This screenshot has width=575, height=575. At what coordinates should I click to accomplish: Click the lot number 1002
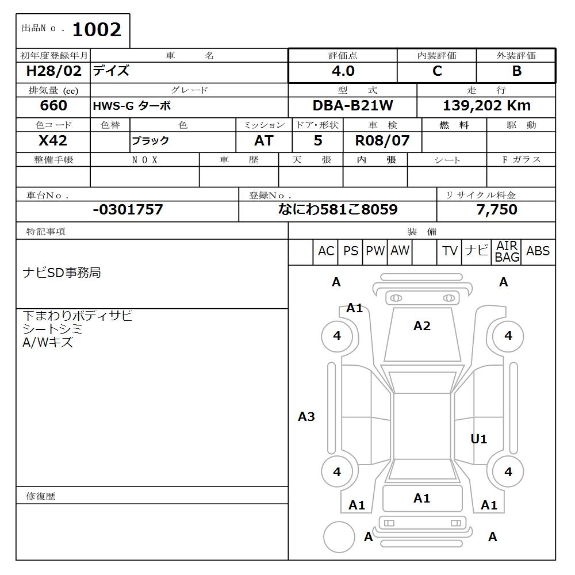[97, 29]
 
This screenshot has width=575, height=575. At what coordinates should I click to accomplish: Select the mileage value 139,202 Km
[486, 106]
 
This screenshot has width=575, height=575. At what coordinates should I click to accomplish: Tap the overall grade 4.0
[343, 71]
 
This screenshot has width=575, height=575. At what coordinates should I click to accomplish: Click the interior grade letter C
[437, 71]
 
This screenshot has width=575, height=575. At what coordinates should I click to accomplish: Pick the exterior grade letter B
[516, 71]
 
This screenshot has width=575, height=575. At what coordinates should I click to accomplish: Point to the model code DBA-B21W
[352, 106]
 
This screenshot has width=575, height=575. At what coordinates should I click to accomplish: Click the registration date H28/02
[53, 71]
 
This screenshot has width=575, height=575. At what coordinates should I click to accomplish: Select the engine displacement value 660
[53, 106]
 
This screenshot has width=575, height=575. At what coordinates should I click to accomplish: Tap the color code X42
[53, 141]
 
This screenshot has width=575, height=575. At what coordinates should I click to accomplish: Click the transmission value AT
[263, 141]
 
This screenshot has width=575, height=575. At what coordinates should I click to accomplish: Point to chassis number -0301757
[128, 210]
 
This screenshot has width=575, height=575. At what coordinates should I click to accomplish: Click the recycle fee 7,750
[496, 210]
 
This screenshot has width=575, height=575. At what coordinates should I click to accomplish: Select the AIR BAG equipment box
[507, 252]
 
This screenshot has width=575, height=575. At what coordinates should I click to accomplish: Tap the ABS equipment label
[538, 251]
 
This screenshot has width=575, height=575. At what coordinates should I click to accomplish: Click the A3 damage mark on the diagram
[306, 417]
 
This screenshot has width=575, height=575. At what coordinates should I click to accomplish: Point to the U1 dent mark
[478, 439]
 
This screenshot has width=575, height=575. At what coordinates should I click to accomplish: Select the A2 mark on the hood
[421, 326]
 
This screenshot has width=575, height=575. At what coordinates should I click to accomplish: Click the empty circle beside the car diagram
[339, 536]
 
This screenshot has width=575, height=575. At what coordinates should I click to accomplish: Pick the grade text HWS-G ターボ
[132, 106]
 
